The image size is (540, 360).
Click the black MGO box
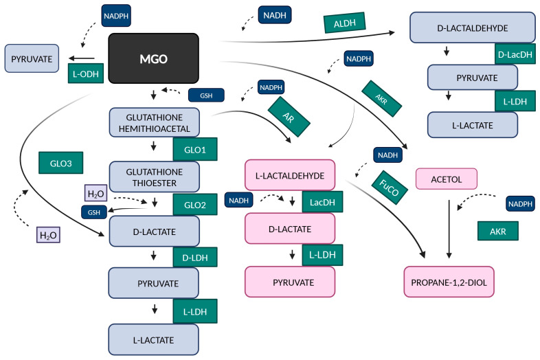point(154,58)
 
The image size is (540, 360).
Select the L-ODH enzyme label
point(86,74)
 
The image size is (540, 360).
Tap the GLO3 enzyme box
point(61,163)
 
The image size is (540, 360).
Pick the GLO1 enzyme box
point(195,149)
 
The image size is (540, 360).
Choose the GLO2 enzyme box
point(195,205)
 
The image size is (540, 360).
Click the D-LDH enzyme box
point(195,257)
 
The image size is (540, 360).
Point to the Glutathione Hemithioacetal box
point(155,123)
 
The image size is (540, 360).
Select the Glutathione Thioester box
point(155,177)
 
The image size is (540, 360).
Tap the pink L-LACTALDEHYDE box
point(290,175)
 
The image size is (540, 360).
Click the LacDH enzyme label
point(322,202)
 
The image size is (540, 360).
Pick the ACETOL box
point(447,179)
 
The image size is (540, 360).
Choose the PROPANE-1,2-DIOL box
point(449,282)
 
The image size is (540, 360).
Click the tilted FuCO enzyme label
point(389,188)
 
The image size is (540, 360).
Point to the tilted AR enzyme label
point(289,117)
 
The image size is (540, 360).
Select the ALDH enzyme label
point(344,23)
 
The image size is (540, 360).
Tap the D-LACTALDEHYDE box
point(473,27)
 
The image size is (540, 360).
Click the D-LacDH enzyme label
point(515,54)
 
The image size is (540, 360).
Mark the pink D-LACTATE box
point(290,228)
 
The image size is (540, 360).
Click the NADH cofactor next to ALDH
point(275,15)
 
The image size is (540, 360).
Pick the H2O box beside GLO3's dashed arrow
point(48,235)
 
